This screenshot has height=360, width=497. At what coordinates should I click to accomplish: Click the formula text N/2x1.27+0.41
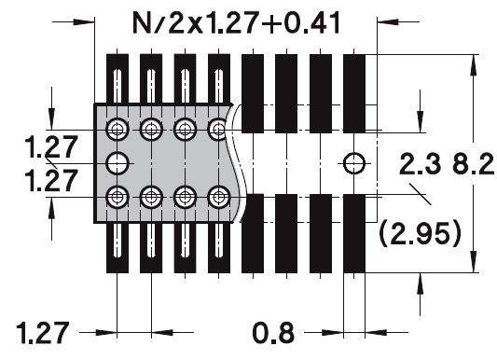(x=236, y=22)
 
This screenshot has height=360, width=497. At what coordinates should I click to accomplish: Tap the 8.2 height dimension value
(x=474, y=164)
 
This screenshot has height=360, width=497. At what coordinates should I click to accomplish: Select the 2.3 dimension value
(x=420, y=164)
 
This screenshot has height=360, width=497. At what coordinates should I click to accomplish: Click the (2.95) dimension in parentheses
(x=420, y=234)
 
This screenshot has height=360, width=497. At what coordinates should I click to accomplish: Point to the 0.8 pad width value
(x=273, y=333)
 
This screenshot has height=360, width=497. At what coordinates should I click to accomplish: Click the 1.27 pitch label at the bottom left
(x=43, y=333)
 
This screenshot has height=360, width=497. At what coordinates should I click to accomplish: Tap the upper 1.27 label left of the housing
(x=51, y=146)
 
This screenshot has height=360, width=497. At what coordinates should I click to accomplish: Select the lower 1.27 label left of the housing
(x=51, y=180)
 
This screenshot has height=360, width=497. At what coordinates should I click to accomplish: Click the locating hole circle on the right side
(x=354, y=163)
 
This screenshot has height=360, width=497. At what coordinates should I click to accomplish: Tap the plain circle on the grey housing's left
(x=117, y=163)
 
